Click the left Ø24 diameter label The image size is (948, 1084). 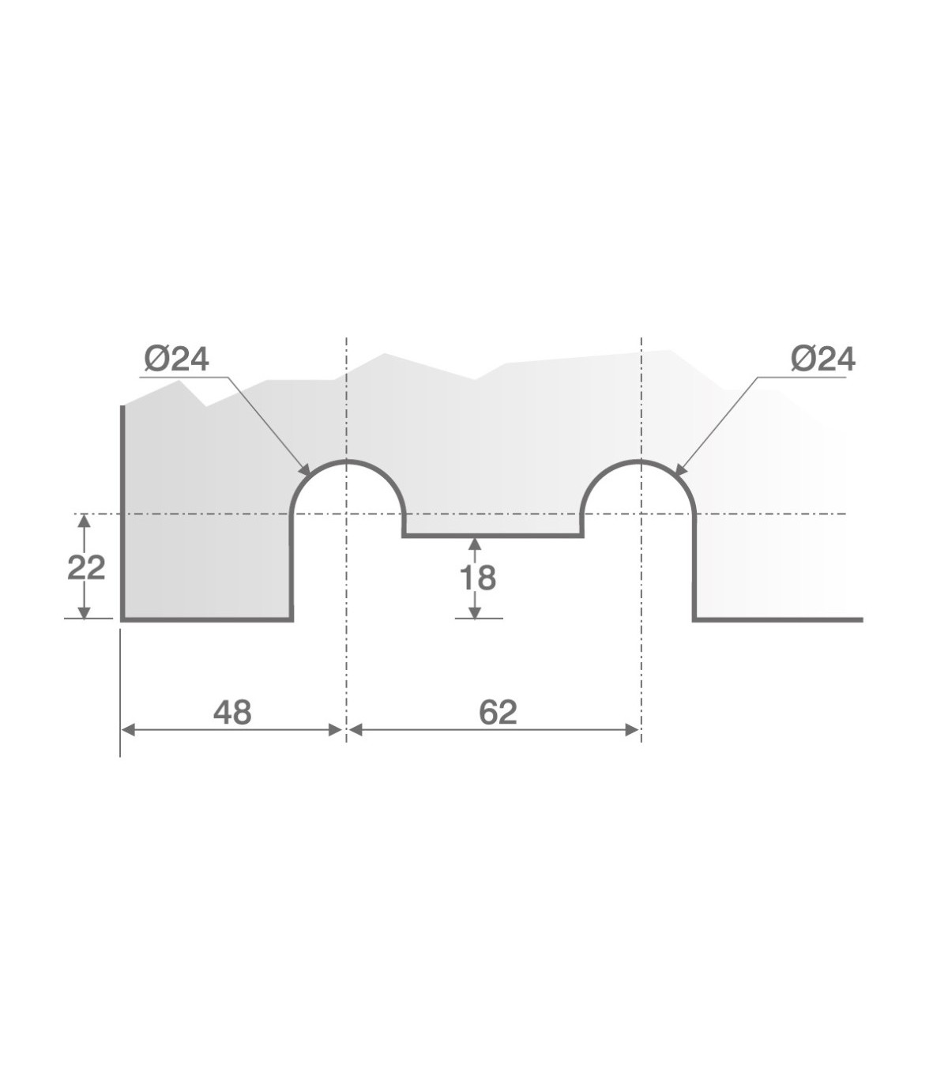coord(177,359)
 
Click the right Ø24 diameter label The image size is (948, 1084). coord(823,359)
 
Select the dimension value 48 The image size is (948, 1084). coord(232,713)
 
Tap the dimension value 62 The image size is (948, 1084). coord(498,713)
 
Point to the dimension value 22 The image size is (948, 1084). coord(86,567)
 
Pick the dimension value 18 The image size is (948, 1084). coord(478,578)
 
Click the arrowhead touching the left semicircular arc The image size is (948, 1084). coord(304,470)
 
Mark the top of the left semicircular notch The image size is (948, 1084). coord(346,461)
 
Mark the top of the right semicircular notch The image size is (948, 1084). coord(641,461)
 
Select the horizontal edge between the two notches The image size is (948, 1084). coord(494,536)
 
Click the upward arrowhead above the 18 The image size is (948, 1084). coord(475,544)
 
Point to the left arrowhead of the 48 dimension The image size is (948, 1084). coord(129,731)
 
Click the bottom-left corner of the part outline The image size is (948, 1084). coord(122,620)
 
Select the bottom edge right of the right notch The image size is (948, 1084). coord(778,620)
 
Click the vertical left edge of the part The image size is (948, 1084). coord(122,514)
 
